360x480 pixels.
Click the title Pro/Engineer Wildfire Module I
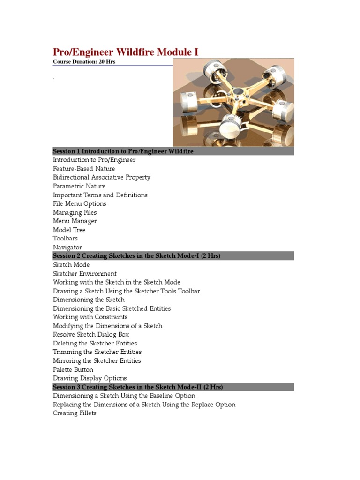tap(126, 52)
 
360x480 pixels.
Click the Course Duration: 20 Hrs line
tap(84, 62)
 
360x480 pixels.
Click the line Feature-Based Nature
tap(84, 169)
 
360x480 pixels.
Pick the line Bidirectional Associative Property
tap(102, 177)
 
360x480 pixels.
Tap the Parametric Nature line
tap(79, 186)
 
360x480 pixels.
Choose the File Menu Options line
tap(80, 203)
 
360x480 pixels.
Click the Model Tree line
tap(69, 230)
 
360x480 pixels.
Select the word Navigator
tap(67, 247)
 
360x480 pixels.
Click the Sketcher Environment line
tap(85, 273)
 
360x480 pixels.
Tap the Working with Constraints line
tap(90, 317)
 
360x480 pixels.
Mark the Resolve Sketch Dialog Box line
tap(91, 335)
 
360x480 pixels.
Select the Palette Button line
tap(73, 369)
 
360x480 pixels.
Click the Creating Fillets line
tap(75, 413)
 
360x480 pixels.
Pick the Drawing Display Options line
tap(90, 378)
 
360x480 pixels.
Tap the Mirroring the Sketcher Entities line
tap(97, 361)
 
